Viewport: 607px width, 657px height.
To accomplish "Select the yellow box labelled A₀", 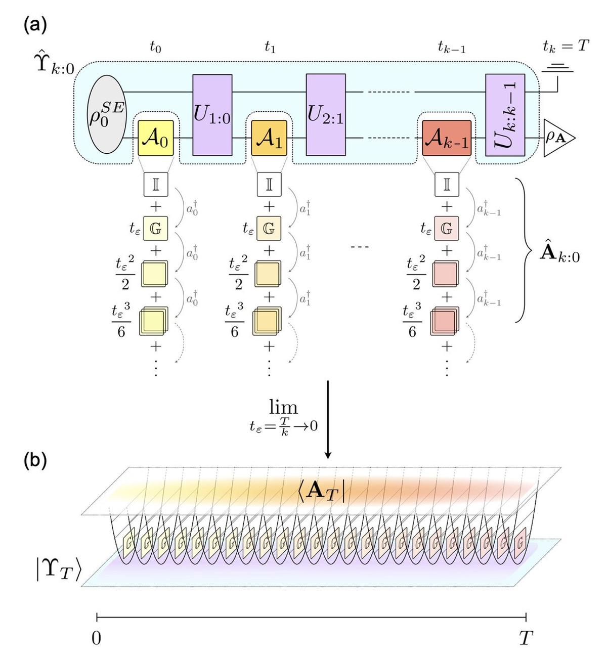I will pyautogui.click(x=156, y=138).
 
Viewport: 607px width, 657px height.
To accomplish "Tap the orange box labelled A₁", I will pyautogui.click(x=269, y=138).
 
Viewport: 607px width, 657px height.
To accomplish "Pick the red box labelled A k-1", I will pyautogui.click(x=447, y=138).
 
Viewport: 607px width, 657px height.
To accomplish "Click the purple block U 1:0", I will pyautogui.click(x=212, y=115).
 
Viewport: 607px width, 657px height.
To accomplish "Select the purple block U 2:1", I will pyautogui.click(x=326, y=115).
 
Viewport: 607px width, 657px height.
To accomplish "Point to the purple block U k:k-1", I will pyautogui.click(x=505, y=115).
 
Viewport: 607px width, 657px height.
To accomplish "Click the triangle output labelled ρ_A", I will pyautogui.click(x=558, y=138).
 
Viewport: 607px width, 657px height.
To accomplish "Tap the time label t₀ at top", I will pyautogui.click(x=155, y=48).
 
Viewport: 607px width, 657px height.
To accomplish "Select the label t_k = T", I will pyautogui.click(x=566, y=47).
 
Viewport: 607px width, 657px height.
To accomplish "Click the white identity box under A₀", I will pyautogui.click(x=156, y=185).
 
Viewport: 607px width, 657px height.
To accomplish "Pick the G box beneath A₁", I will pyautogui.click(x=269, y=229).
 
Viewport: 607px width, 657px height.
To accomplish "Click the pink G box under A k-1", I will pyautogui.click(x=447, y=229).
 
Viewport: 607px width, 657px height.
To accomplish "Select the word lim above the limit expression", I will pyautogui.click(x=283, y=407).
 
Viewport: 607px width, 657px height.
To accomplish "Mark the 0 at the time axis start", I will pyautogui.click(x=96, y=638).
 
